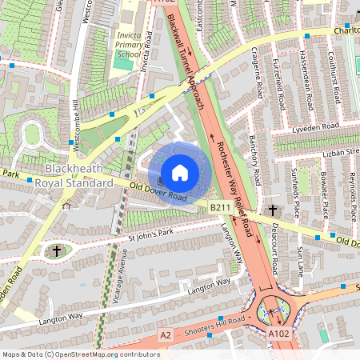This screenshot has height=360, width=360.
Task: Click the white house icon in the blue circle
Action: pyautogui.click(x=180, y=173)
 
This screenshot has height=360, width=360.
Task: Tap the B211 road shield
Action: pyautogui.click(x=221, y=208)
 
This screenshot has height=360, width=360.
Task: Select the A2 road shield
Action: pyautogui.click(x=165, y=334)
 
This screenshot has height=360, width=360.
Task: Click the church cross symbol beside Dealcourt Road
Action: pyautogui.click(x=273, y=210)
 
